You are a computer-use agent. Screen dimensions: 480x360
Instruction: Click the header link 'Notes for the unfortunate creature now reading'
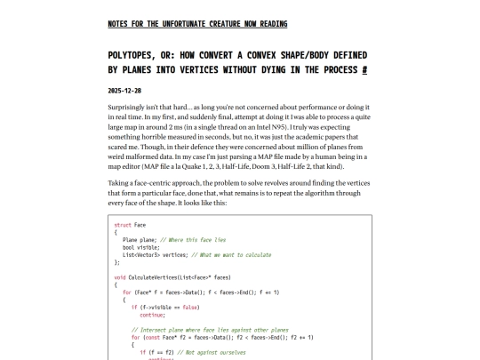[197, 23]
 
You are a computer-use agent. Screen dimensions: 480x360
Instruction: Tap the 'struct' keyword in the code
[124, 225]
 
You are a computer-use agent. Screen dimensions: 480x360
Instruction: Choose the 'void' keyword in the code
[122, 276]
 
